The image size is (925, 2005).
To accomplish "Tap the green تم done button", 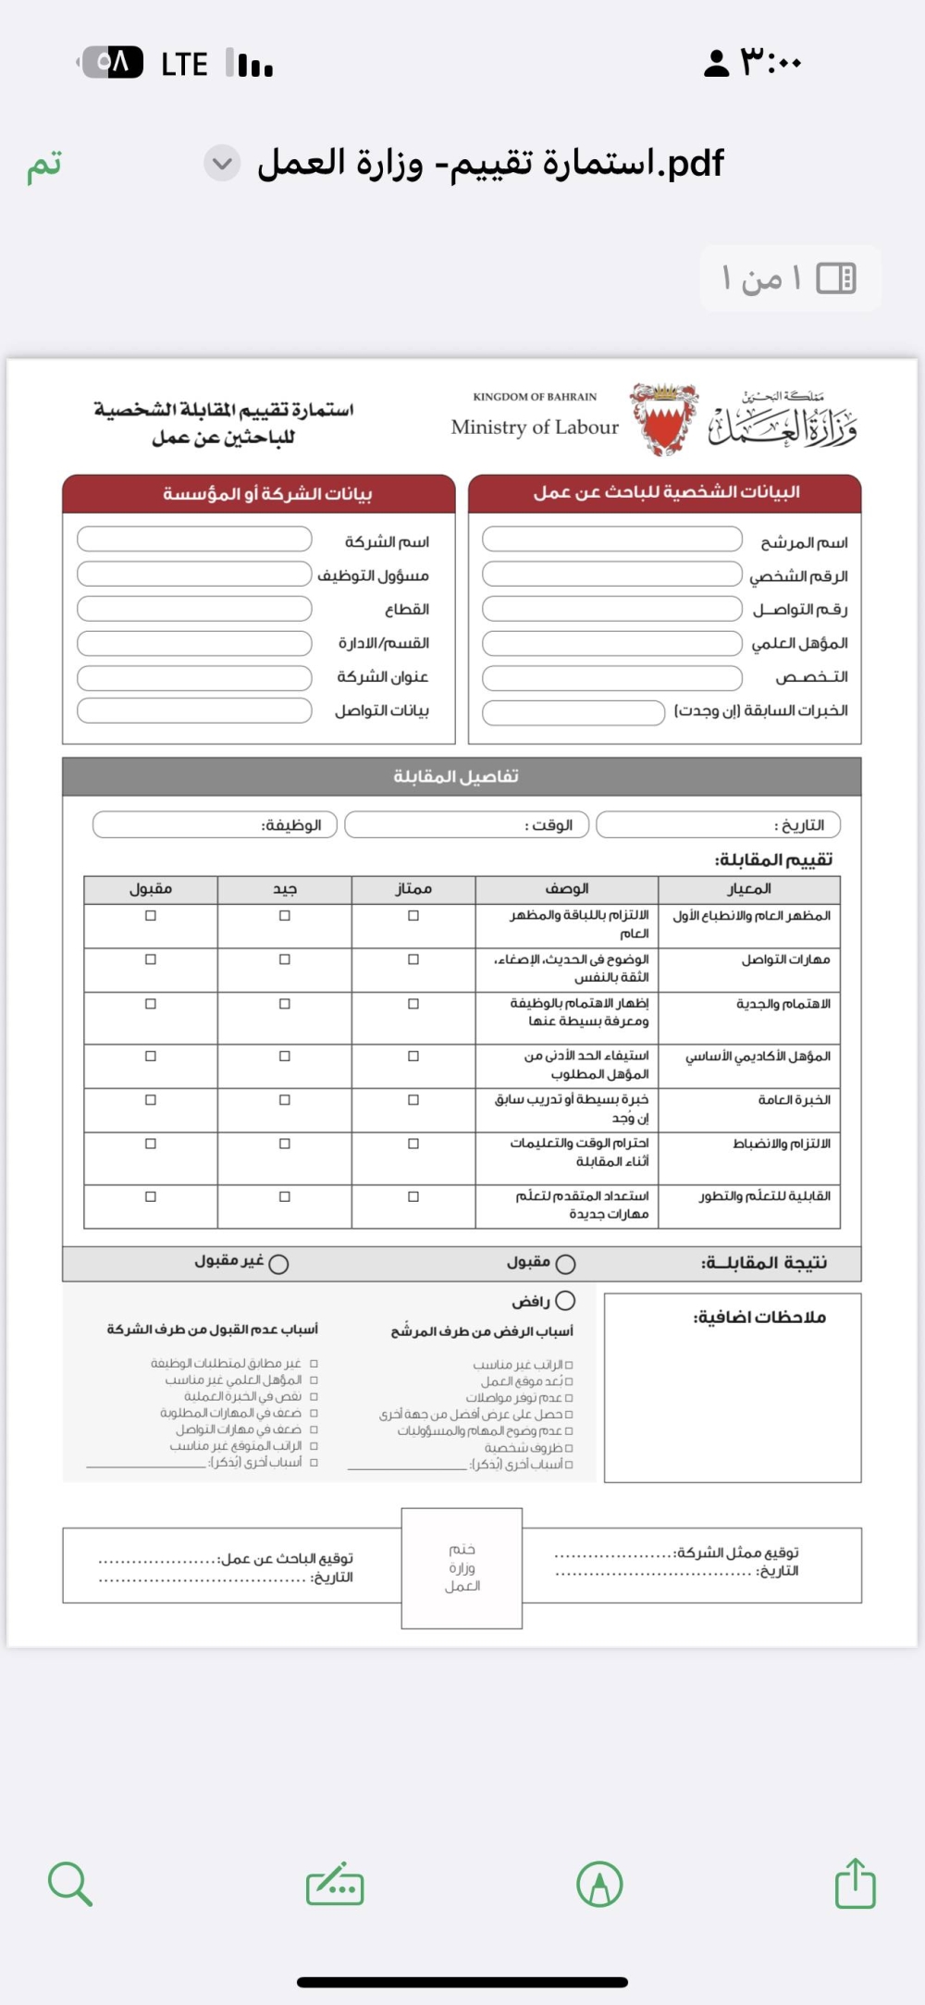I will (x=44, y=165).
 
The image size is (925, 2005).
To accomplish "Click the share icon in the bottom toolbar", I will (x=855, y=1885).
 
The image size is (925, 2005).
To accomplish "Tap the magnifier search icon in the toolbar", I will (x=69, y=1885).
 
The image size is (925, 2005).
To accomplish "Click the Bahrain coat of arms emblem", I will (x=662, y=419).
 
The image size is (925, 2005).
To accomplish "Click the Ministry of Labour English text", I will (x=535, y=427).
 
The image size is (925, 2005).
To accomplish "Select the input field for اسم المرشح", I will (x=611, y=539).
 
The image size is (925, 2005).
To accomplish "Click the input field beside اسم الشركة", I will (x=194, y=539).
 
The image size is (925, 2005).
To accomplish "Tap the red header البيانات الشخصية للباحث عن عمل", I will (x=665, y=493).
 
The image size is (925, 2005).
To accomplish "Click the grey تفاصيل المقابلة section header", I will (x=461, y=776).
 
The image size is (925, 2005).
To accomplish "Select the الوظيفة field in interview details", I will (x=215, y=824).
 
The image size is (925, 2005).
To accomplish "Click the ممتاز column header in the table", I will (x=413, y=889).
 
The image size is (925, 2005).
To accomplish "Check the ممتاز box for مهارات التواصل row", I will (x=413, y=959).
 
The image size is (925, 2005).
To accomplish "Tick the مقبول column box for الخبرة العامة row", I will (x=151, y=1100).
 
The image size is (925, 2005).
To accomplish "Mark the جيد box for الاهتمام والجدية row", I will (x=285, y=1004).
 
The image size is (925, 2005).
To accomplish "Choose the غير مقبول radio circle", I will (x=278, y=1264).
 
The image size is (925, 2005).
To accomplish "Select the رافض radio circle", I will (x=565, y=1301).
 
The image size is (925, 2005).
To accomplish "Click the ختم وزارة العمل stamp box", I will (x=462, y=1567).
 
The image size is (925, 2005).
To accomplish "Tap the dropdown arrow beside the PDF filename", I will (x=222, y=164).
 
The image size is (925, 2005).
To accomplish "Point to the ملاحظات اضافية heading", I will (x=759, y=1317).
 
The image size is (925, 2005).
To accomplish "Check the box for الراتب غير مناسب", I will (x=569, y=1365).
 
